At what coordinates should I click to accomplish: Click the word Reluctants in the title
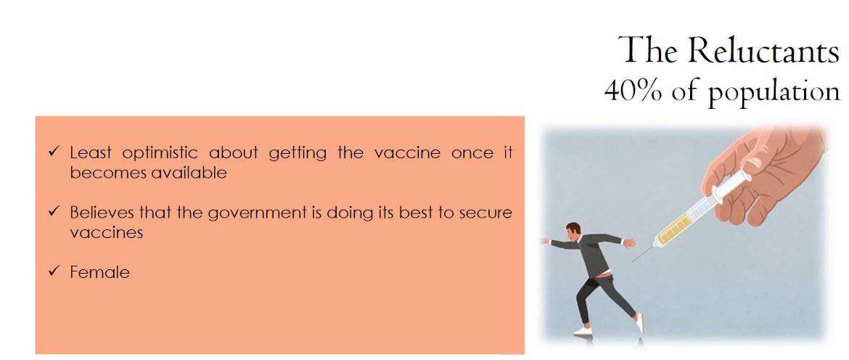pos(763,50)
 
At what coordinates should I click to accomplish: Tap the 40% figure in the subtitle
pos(633,91)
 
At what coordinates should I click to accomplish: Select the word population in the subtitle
pos(774,94)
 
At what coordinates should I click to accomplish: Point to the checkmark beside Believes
pos(53,211)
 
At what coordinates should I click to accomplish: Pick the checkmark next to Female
pos(53,271)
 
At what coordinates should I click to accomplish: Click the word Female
pos(100,271)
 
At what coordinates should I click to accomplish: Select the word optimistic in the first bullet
pos(157,154)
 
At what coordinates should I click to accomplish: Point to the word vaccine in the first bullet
pos(407,153)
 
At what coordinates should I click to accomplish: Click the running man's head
pos(573,229)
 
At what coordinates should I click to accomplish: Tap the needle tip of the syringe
pos(633,263)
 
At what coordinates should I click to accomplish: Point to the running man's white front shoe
pos(583,331)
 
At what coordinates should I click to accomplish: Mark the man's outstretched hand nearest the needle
pos(628,243)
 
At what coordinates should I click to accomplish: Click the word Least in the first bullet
pos(91,153)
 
